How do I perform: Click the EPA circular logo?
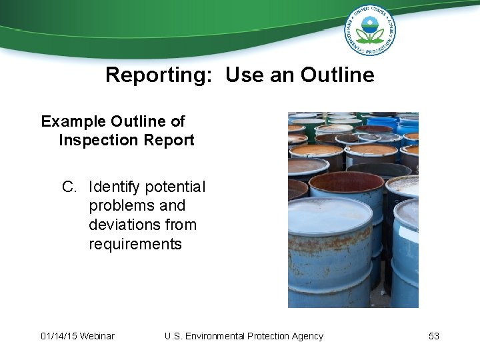370,29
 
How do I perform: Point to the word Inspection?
97,140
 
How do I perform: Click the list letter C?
69,187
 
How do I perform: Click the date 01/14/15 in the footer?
59,336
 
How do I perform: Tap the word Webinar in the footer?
97,336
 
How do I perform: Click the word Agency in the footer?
307,336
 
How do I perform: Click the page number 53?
434,336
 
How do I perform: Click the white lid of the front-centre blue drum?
330,215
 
